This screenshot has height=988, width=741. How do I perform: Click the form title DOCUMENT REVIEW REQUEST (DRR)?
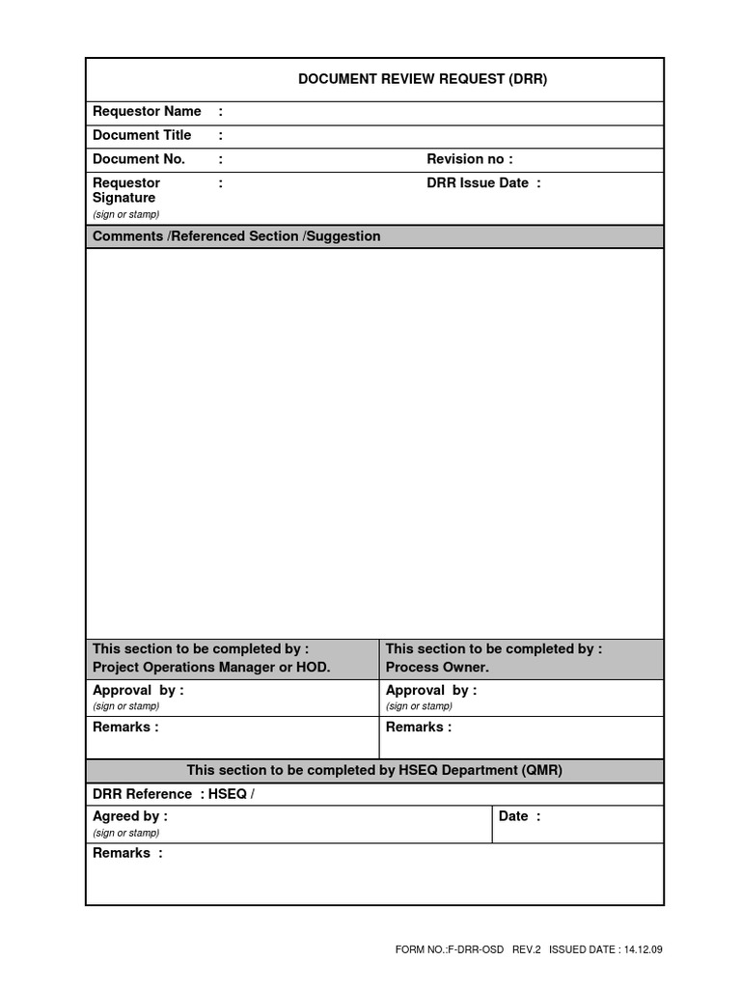(x=423, y=79)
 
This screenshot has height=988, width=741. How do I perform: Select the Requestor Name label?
(x=147, y=112)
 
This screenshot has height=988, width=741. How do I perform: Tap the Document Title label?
(x=142, y=136)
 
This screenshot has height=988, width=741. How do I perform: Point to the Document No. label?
(x=139, y=159)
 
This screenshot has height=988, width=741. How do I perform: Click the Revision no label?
(x=469, y=159)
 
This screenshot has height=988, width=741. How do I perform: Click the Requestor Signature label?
(x=125, y=190)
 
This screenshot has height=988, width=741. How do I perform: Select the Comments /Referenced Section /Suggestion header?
(x=236, y=236)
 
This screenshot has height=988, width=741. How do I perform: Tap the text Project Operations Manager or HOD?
(x=211, y=668)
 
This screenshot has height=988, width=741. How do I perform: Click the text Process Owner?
(x=437, y=668)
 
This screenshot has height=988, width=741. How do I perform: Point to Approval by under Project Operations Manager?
(x=137, y=691)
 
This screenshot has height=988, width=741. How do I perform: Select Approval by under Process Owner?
(x=430, y=691)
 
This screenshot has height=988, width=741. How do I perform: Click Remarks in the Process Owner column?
(x=418, y=727)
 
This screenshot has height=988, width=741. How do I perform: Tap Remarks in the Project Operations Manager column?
(x=125, y=727)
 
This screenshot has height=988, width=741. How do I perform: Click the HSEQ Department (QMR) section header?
(x=374, y=771)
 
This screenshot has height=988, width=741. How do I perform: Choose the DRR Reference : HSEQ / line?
(x=174, y=794)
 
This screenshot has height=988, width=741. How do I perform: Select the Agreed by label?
(x=129, y=817)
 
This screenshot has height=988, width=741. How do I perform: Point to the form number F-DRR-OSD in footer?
(x=450, y=950)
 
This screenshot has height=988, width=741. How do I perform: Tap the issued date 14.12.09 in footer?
(x=644, y=950)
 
